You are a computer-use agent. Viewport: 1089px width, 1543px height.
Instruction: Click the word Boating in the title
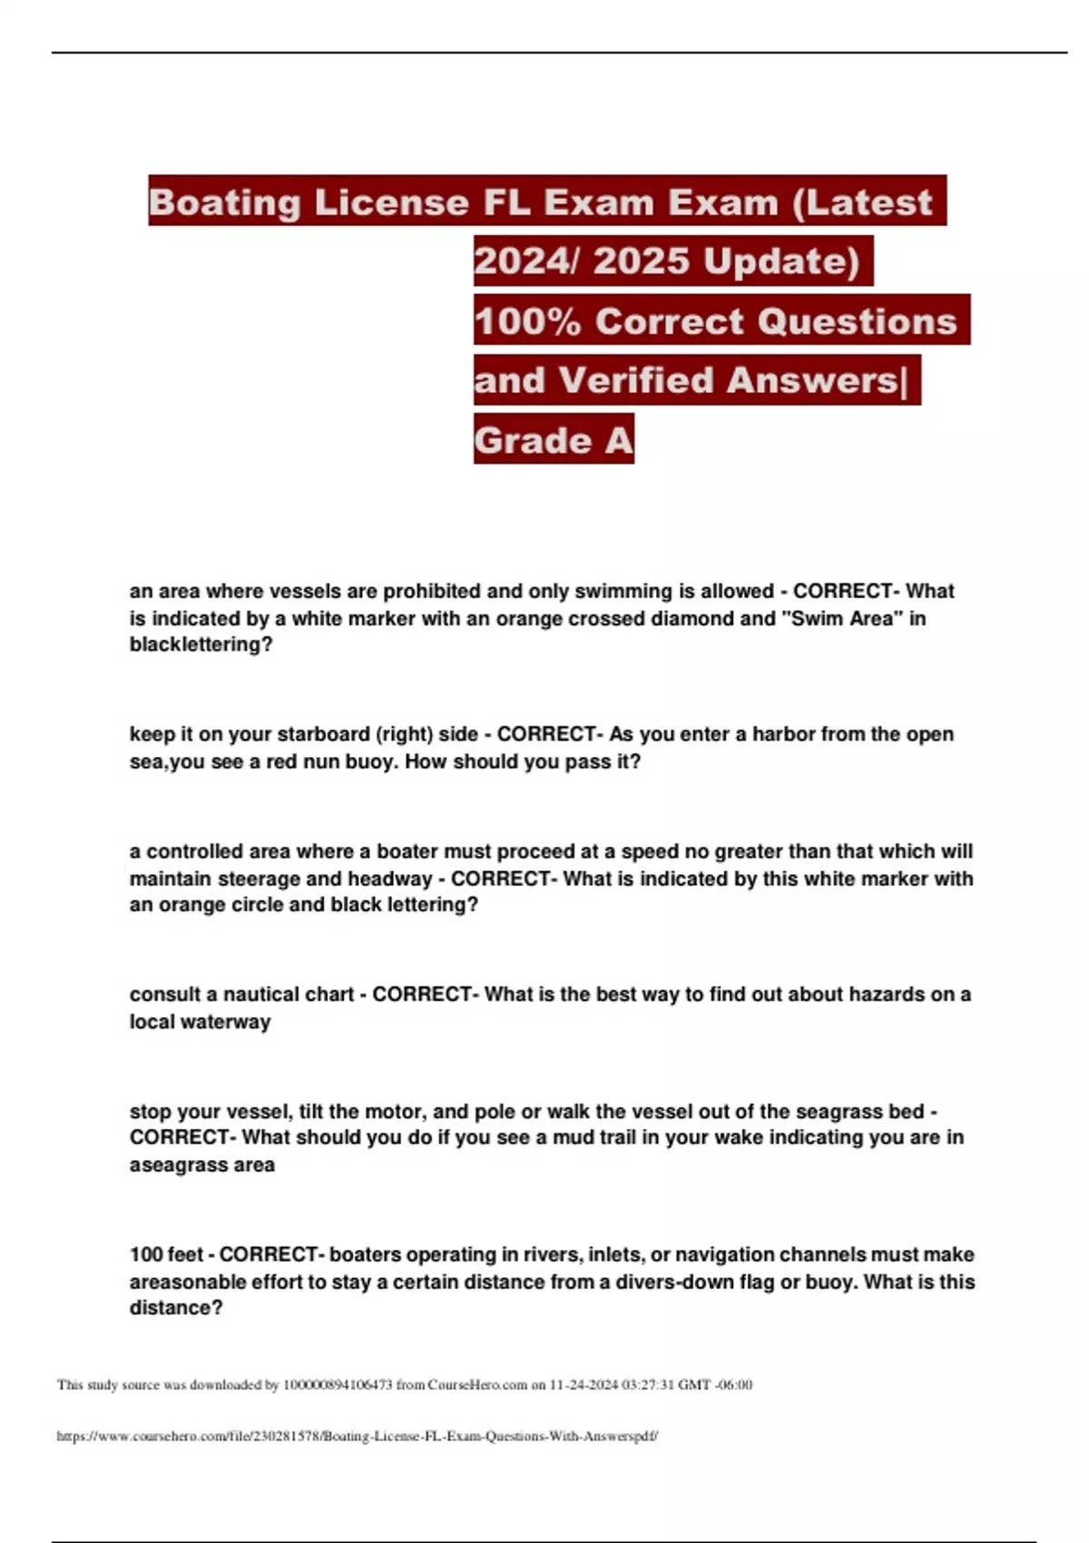[x=224, y=202]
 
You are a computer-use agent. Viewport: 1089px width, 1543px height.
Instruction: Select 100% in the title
[x=526, y=321]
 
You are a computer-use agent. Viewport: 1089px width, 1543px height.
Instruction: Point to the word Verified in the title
[x=634, y=380]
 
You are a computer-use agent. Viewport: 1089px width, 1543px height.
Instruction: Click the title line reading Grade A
[x=553, y=440]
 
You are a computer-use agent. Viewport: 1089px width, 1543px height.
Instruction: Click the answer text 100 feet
[x=166, y=1255]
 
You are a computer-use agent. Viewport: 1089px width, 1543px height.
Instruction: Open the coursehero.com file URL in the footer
[x=357, y=1437]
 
